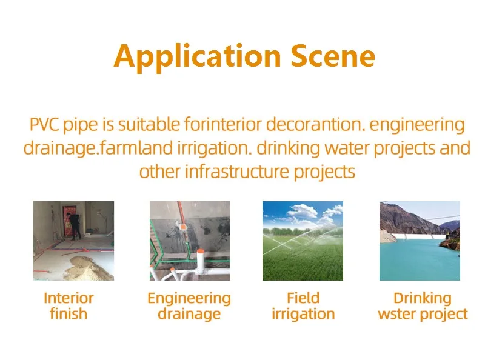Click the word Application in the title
click(198, 57)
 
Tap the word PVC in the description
click(44, 125)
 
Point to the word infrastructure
click(236, 172)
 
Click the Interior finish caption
click(69, 306)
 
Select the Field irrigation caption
click(303, 306)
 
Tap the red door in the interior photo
click(69, 220)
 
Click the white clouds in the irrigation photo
click(305, 213)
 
